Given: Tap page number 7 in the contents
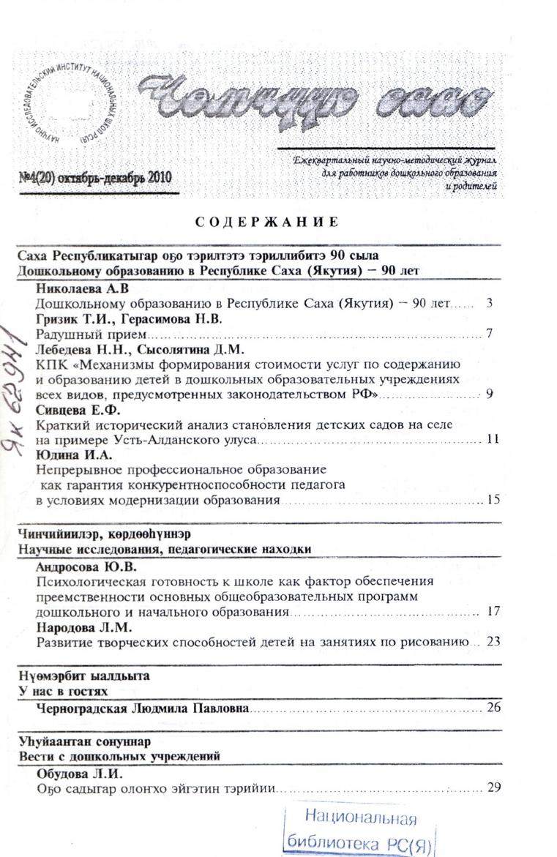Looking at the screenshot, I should click(489, 334).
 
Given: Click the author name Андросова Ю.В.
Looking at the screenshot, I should click(86, 566).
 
